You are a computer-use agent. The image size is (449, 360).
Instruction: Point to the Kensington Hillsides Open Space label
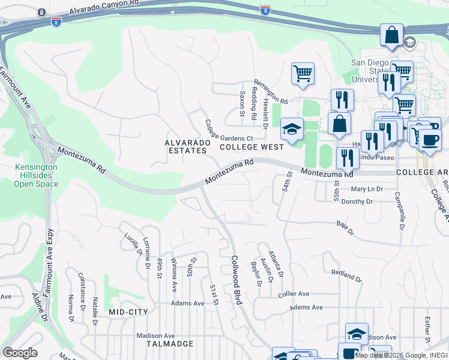click(x=37, y=175)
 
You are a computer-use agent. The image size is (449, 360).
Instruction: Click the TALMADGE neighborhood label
click(x=170, y=344)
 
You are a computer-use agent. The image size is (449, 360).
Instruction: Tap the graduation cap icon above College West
click(x=292, y=130)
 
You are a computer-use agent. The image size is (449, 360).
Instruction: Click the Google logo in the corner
click(x=20, y=353)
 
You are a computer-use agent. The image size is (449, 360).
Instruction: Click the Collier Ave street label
click(x=293, y=294)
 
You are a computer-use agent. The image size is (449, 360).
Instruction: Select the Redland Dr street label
click(x=346, y=276)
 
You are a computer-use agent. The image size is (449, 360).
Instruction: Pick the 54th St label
click(x=288, y=182)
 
